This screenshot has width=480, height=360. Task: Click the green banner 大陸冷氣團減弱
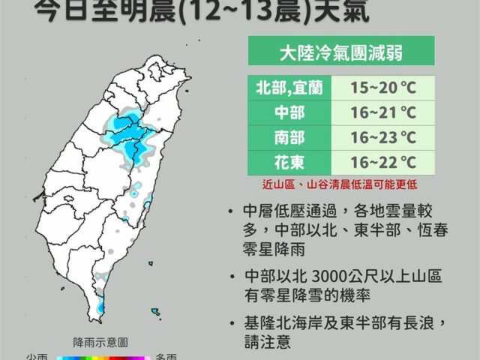(x=330, y=54)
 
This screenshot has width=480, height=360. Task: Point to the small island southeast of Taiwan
(x=155, y=310)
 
